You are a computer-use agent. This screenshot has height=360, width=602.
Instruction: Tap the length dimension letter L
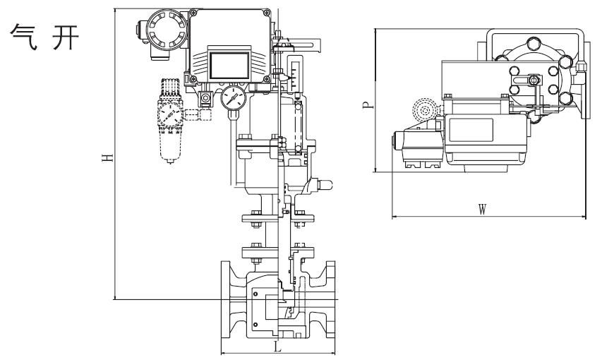pyautogui.click(x=277, y=347)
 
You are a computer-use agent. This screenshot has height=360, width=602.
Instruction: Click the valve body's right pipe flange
pyautogui.click(x=330, y=299)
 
